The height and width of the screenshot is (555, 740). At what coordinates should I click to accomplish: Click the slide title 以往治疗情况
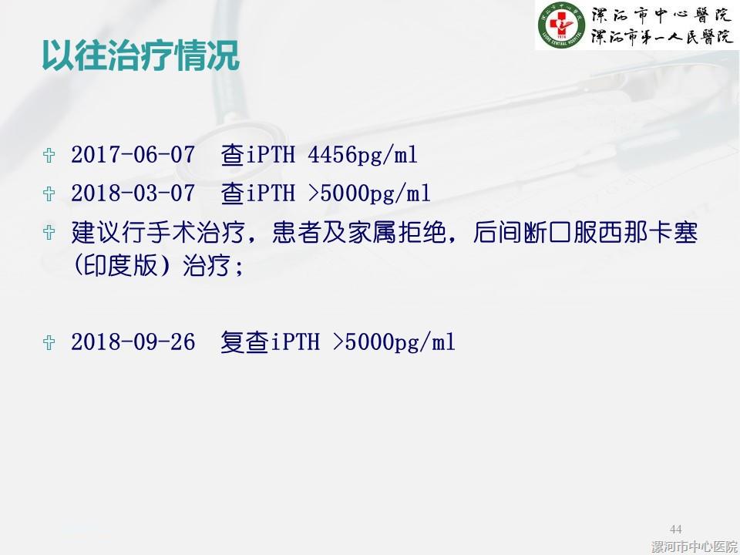tap(140, 55)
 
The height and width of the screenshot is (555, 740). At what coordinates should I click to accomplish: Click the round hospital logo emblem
tap(561, 25)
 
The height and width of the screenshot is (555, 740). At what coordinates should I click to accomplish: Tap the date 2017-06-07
tap(133, 155)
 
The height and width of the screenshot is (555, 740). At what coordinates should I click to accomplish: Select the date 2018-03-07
tap(133, 193)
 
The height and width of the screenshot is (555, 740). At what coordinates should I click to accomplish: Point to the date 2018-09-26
tap(133, 342)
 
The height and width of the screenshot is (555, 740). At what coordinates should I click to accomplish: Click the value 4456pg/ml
tap(362, 156)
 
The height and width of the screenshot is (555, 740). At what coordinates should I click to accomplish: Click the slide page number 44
tap(676, 529)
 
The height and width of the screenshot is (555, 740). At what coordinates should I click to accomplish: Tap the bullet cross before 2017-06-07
tap(49, 155)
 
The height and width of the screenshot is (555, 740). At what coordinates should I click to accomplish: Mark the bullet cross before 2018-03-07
tap(49, 193)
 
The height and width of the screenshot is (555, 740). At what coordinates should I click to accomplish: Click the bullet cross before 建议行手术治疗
tap(49, 232)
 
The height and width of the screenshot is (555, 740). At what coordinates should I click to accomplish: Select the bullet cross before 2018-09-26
tap(49, 342)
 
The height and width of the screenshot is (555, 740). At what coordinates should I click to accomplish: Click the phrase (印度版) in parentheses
tap(121, 266)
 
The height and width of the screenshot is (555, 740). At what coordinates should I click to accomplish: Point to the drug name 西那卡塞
tap(647, 233)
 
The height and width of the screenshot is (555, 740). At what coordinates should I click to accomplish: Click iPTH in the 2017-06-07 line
tap(271, 155)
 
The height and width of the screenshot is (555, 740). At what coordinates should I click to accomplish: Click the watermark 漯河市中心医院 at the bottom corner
tap(695, 547)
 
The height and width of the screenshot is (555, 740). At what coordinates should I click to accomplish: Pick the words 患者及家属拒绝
tap(359, 233)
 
